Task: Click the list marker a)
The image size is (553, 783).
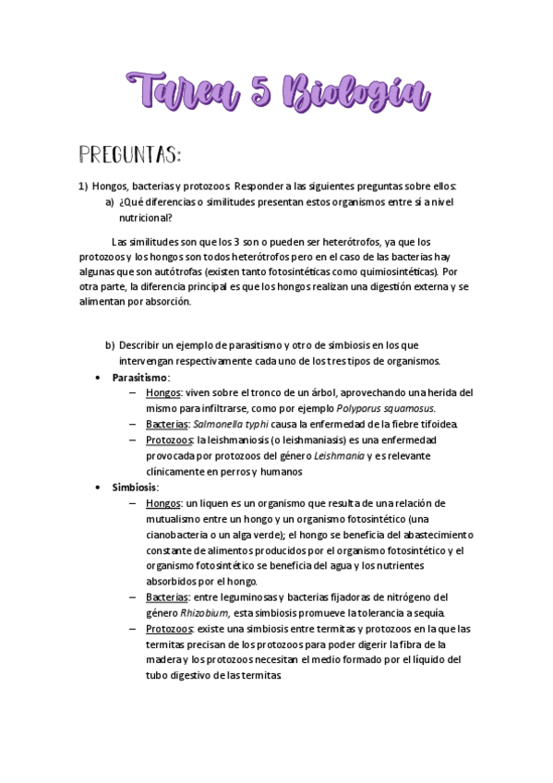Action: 109,201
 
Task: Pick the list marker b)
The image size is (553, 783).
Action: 109,344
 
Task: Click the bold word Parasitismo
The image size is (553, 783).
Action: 140,377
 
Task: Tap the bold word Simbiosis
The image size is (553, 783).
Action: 135,487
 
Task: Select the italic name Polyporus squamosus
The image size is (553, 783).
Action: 385,408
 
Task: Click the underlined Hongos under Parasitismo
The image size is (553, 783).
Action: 162,392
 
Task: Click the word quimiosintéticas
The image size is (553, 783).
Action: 398,272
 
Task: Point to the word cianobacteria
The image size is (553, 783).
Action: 180,534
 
